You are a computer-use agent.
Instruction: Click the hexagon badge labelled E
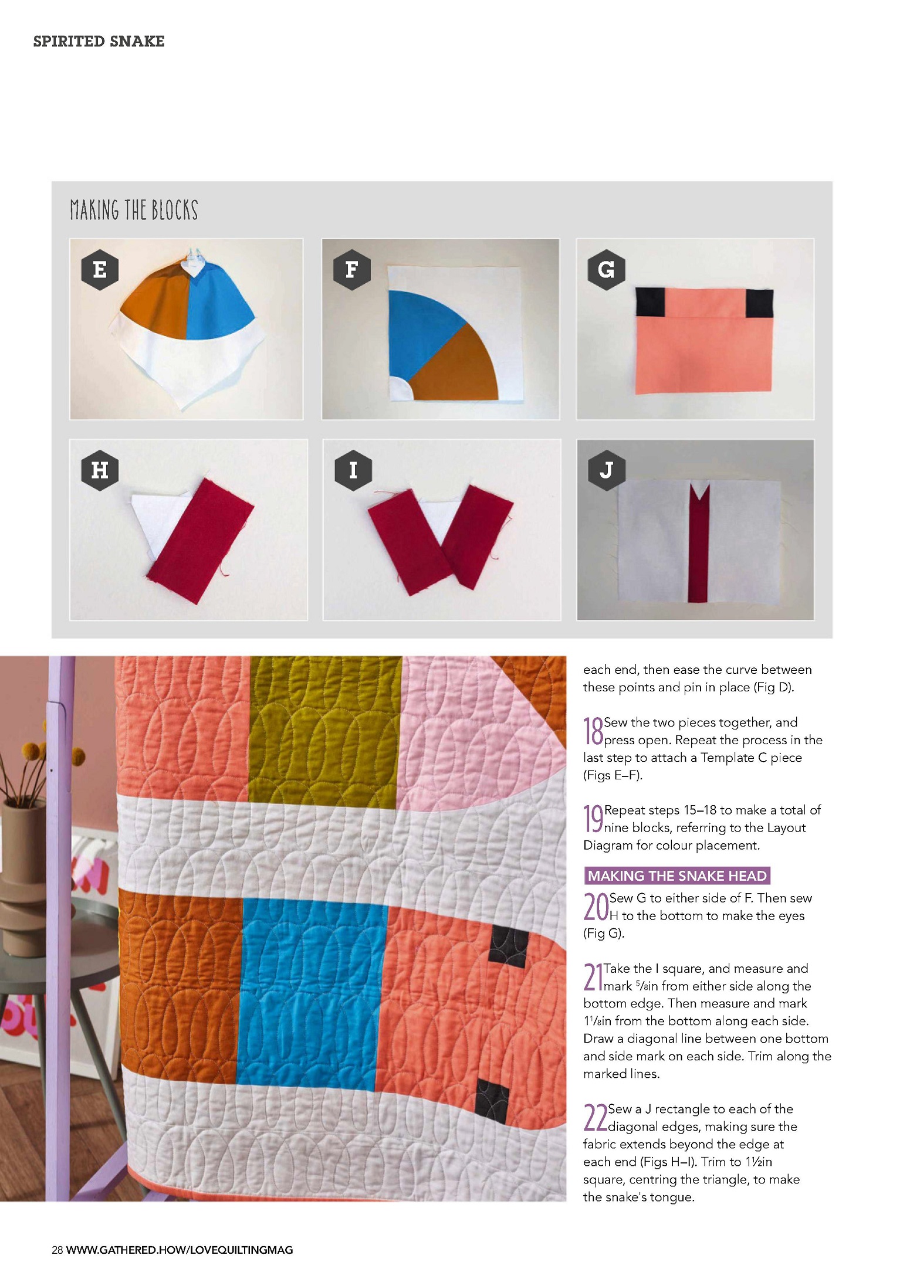(x=100, y=270)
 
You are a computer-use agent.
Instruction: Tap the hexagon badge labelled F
(x=352, y=270)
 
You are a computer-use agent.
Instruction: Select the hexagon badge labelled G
(x=606, y=270)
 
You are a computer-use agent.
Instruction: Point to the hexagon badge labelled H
(x=100, y=470)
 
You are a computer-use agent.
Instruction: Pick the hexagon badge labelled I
(x=353, y=470)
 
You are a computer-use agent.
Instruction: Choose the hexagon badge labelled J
(x=606, y=470)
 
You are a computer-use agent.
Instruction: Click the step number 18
(x=593, y=732)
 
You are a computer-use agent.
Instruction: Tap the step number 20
(x=596, y=907)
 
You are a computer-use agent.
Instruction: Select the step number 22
(x=596, y=1118)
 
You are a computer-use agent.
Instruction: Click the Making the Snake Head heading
(x=677, y=876)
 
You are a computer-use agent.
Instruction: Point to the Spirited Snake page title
(x=99, y=41)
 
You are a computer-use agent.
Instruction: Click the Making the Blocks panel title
(x=134, y=210)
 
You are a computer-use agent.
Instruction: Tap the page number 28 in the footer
(x=57, y=1250)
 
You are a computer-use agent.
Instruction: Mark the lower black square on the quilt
(x=493, y=1101)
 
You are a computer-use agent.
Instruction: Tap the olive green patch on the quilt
(x=325, y=733)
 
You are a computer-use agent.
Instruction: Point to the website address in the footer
(x=180, y=1250)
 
